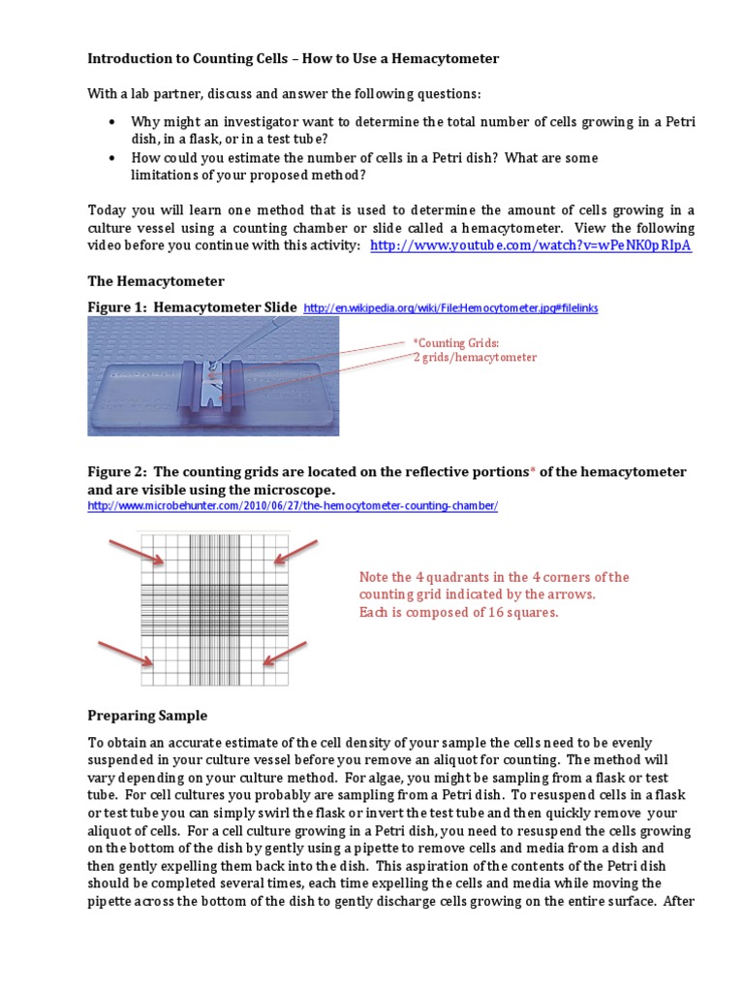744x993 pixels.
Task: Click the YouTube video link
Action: (531, 245)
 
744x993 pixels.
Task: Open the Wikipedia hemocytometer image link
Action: (450, 308)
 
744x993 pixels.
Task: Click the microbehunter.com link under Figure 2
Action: (293, 506)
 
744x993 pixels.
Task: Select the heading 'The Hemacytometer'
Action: (156, 281)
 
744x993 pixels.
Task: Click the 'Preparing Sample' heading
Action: (147, 716)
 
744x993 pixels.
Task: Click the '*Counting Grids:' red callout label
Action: (456, 343)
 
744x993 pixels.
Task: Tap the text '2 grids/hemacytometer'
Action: (475, 358)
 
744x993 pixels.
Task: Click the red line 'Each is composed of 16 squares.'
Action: (458, 613)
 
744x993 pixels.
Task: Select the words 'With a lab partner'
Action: (141, 94)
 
